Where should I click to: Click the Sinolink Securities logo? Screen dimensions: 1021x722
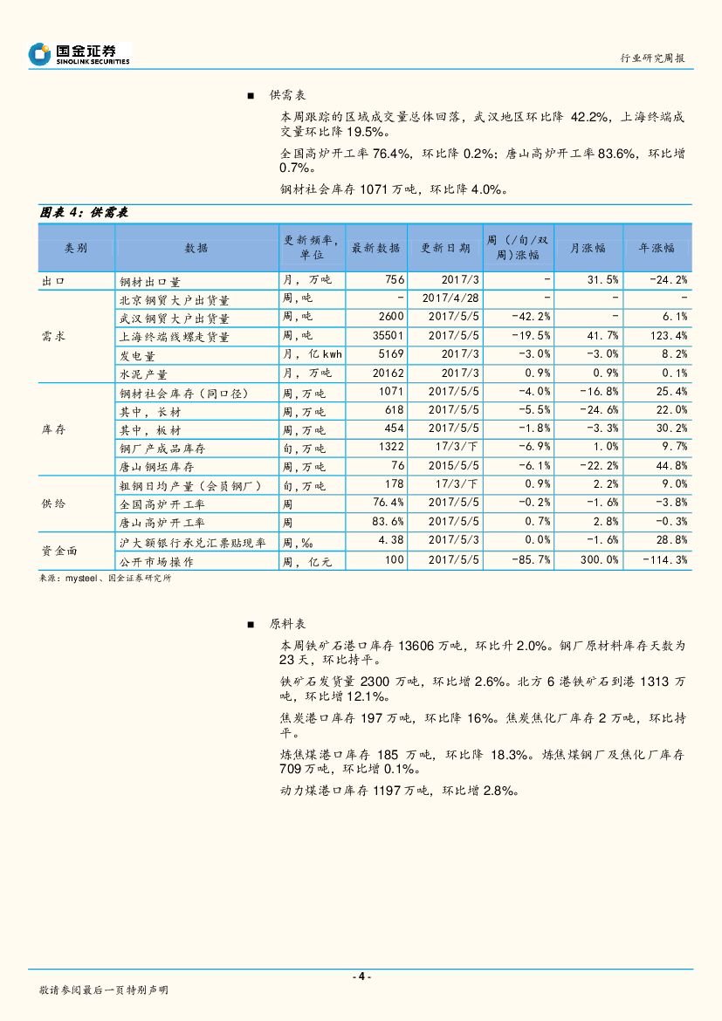79,55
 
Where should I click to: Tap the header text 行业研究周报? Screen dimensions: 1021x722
652,58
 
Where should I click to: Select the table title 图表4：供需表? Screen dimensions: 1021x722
84,212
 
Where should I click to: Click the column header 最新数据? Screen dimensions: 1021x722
375,248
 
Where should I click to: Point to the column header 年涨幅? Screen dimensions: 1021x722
657,248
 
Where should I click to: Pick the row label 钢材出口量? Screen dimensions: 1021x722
149,281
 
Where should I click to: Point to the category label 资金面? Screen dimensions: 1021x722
59,551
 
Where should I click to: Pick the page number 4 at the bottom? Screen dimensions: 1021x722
361,976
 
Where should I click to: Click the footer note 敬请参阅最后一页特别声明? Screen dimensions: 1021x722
104,990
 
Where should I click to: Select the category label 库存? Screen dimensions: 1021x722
53,430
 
